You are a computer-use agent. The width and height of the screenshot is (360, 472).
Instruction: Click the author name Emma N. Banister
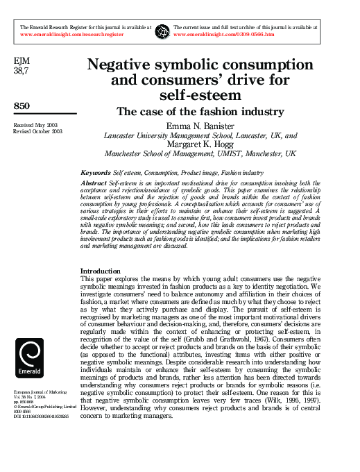pyautogui.click(x=200, y=126)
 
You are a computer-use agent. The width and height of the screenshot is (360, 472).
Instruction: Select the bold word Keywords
pyautogui.click(x=95, y=172)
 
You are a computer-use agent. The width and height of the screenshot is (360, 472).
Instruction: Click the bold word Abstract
pyautogui.click(x=94, y=183)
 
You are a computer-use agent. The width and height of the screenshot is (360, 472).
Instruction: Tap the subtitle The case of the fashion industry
pyautogui.click(x=200, y=111)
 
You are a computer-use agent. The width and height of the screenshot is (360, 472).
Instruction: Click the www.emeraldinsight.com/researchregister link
pyautogui.click(x=72, y=33)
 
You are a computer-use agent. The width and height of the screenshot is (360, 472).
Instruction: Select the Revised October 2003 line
pyautogui.click(x=39, y=130)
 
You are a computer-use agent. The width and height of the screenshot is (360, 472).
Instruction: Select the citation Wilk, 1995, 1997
pyautogui.click(x=282, y=401)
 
